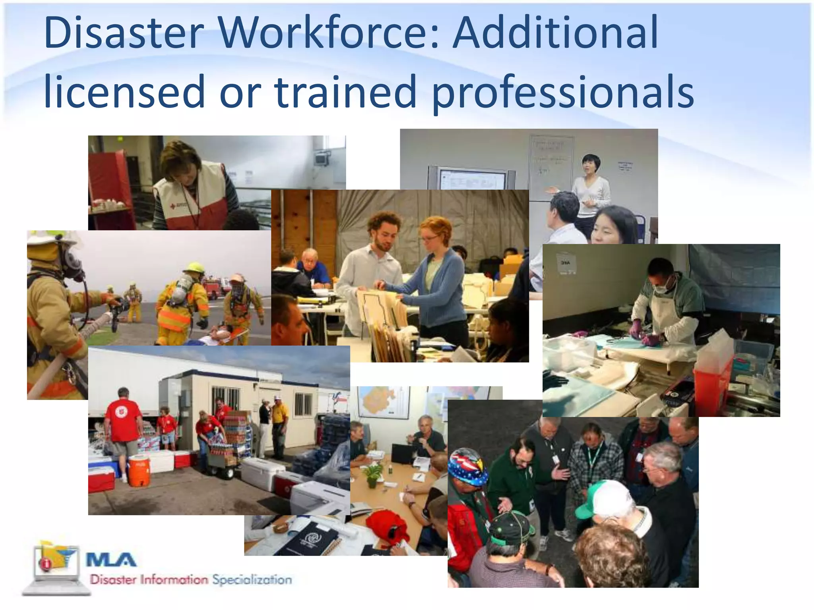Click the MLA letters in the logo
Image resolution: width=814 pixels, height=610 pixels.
point(111,560)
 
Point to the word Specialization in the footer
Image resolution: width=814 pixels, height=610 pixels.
point(252,579)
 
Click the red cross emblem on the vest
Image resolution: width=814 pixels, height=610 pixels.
point(172,207)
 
